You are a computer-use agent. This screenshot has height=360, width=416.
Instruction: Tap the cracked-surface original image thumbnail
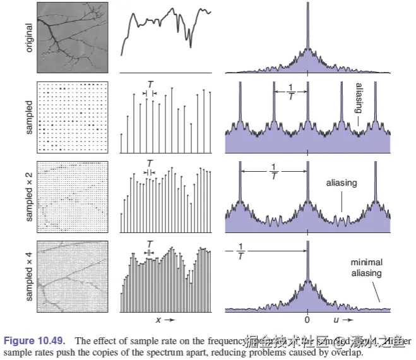[x=73, y=37]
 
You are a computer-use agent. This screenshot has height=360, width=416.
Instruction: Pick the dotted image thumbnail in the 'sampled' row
[x=73, y=117]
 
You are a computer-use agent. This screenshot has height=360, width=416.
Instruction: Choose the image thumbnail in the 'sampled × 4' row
[x=73, y=276]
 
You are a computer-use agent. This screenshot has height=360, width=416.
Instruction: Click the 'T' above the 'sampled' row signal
[x=149, y=84]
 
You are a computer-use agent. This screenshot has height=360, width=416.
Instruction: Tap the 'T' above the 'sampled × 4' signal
[x=149, y=243]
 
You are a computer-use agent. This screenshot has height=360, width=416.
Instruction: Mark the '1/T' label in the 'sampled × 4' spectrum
[x=240, y=252]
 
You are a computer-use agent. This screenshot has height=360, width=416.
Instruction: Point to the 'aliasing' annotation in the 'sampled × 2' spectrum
[x=342, y=183]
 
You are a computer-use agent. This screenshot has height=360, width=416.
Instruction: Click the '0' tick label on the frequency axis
[x=307, y=320]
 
